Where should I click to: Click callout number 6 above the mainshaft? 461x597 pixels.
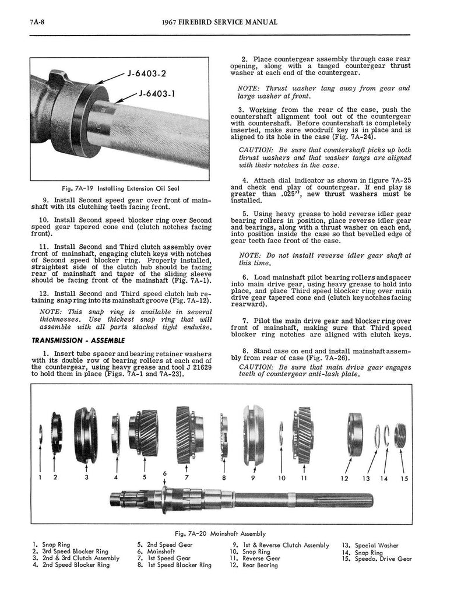[x=166, y=472]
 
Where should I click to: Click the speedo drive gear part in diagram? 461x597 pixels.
[x=399, y=436]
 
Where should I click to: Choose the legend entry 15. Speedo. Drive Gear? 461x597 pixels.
[x=378, y=558]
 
